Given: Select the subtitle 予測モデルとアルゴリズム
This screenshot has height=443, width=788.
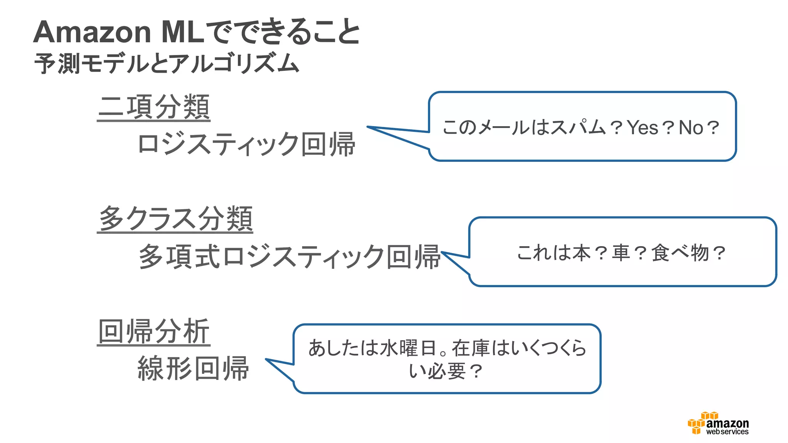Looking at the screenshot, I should (x=167, y=64).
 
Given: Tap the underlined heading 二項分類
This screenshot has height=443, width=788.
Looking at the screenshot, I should (x=154, y=107).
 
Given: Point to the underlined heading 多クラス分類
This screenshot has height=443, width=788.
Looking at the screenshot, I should (x=175, y=219).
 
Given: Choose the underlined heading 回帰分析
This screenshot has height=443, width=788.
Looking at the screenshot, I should (x=154, y=331).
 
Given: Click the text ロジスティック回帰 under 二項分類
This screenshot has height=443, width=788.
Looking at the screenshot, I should (x=246, y=144).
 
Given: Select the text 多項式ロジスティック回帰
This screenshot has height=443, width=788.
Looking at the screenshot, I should (x=289, y=256).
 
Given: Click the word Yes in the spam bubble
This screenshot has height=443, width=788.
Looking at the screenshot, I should (x=643, y=128).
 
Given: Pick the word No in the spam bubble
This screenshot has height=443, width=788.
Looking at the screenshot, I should (x=691, y=128).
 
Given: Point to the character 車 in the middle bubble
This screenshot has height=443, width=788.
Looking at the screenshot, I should (x=621, y=253).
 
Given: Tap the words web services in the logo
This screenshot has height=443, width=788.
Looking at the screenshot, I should (x=727, y=432).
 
